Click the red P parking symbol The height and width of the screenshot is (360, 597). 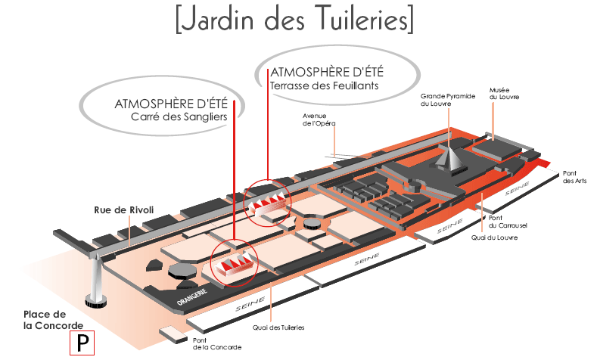click(82, 343)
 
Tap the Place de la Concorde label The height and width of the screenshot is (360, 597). click(45, 319)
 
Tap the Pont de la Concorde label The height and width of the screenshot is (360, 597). click(216, 343)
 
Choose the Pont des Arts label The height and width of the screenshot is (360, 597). click(575, 177)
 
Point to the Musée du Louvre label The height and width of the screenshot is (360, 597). click(505, 93)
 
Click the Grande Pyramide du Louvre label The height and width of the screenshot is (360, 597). click(446, 100)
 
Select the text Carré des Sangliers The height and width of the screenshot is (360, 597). click(179, 117)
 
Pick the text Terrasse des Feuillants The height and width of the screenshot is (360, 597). click(324, 85)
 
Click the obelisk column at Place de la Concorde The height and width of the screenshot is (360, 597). click(96, 277)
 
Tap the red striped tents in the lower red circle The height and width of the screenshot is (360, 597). click(235, 262)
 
